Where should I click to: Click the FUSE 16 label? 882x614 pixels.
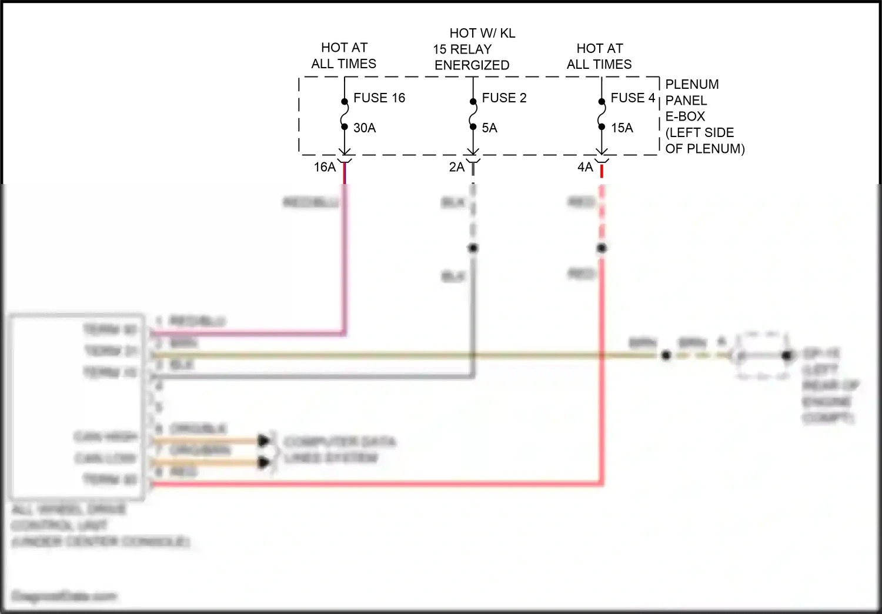[379, 98]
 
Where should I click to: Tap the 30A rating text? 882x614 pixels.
[365, 128]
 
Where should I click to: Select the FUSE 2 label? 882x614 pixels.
[504, 98]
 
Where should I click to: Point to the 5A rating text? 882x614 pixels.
[489, 128]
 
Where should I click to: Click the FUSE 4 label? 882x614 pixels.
[633, 98]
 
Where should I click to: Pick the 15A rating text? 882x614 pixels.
[622, 128]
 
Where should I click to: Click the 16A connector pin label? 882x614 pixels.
[325, 167]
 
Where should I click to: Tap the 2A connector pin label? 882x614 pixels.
[457, 167]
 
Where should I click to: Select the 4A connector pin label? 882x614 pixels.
[585, 167]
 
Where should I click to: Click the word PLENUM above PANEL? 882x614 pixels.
[691, 84]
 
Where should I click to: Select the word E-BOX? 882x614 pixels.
[685, 116]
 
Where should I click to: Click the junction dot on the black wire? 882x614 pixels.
[473, 248]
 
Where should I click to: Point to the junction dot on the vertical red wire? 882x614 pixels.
[602, 248]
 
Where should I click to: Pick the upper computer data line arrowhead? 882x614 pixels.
[264, 440]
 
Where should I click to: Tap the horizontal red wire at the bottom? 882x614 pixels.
[376, 484]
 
